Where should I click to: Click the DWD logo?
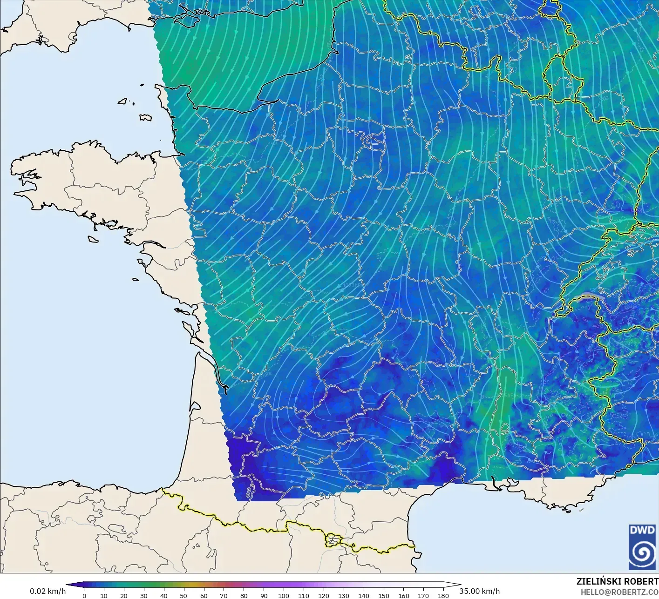642,546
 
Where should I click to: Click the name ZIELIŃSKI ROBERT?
617,581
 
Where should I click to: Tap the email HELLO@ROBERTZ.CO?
619,592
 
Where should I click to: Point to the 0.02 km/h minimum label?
48,591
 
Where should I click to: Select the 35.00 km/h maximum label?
479,591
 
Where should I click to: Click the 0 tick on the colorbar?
84,595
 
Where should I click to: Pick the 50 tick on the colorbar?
183,595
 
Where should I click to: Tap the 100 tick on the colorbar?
284,595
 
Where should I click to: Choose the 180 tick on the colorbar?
443,595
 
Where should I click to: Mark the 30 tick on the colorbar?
144,595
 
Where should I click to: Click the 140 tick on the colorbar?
364,595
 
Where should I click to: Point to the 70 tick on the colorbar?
224,595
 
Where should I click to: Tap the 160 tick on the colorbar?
403,595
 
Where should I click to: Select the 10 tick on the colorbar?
104,595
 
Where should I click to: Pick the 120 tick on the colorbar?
324,595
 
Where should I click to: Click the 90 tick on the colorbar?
264,595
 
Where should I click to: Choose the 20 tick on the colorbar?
124,595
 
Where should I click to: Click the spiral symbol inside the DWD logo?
642,553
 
